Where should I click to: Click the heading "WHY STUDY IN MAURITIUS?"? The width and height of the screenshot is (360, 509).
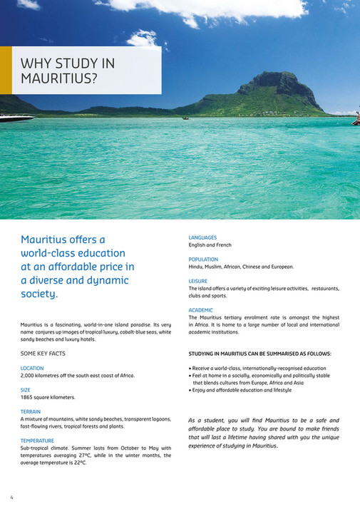click(x=68, y=71)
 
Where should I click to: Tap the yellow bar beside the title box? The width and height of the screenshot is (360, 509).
click(x=6, y=71)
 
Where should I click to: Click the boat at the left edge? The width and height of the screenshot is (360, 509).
click(x=14, y=118)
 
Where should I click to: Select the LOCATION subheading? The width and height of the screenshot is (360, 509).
click(x=32, y=368)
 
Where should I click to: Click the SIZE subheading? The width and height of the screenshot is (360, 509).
click(x=26, y=390)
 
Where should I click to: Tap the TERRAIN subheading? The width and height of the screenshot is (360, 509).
click(x=31, y=411)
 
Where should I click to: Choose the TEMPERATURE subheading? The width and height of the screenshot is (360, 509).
click(x=38, y=441)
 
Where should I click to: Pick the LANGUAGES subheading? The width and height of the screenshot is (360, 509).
click(x=203, y=237)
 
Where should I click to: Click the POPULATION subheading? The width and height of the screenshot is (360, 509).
click(x=204, y=259)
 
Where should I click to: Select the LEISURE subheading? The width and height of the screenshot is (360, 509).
click(x=198, y=281)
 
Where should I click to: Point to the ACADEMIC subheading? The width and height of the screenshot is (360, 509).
click(x=201, y=310)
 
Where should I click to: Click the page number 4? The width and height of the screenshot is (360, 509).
click(x=11, y=497)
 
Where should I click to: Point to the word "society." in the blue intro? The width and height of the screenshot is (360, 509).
click(x=40, y=293)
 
